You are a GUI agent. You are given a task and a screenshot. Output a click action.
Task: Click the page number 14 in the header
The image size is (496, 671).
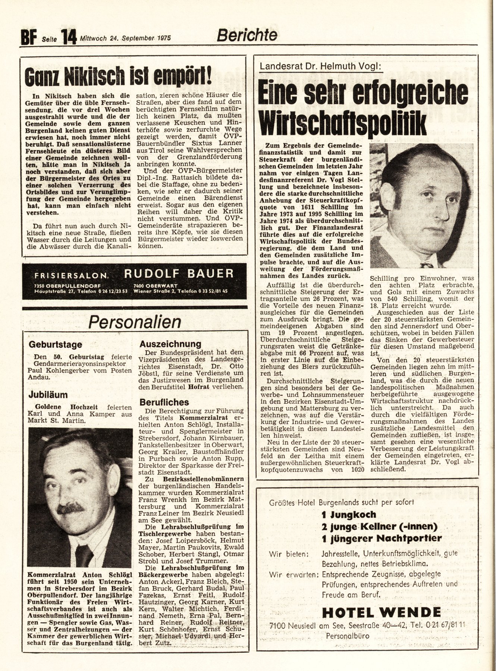pos(68,37)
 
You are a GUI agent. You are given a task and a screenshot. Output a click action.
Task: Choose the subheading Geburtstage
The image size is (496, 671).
pos(55,344)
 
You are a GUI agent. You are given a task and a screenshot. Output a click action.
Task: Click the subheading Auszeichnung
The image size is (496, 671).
pos(170,344)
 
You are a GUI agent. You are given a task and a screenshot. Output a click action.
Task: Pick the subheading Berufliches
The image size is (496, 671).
pos(164,402)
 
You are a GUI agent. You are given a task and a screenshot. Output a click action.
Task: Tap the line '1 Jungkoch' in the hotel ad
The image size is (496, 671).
pos(349,514)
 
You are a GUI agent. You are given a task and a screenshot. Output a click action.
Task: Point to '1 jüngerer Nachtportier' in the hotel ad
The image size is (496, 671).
pos(382,538)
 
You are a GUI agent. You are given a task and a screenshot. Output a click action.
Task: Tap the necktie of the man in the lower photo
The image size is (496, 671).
pos(84,555)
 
